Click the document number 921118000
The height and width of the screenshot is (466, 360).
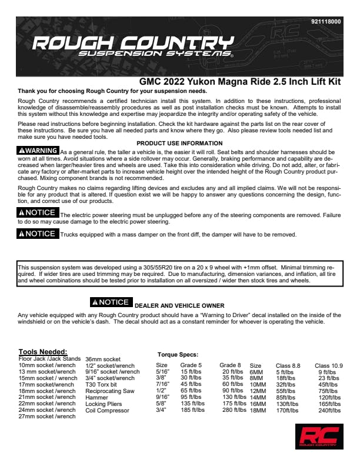[325, 21]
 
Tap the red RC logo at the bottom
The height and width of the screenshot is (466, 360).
[319, 436]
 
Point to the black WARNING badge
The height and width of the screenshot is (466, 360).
[38, 151]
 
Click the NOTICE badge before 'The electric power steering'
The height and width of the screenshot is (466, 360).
[38, 212]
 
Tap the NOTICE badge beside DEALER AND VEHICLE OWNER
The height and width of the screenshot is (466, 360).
[110, 302]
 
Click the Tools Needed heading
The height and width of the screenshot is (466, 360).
[43, 351]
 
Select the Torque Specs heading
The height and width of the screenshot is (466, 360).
[178, 355]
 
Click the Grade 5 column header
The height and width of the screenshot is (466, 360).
[191, 365]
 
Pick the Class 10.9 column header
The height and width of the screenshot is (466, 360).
[329, 365]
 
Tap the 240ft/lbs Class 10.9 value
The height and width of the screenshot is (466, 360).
[330, 410]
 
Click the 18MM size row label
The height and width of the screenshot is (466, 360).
[258, 410]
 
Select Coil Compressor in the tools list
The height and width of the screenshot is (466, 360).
[108, 410]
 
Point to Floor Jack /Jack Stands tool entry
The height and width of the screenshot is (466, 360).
[49, 358]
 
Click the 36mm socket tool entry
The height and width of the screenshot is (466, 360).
[104, 359]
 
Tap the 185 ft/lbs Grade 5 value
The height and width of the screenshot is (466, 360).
[192, 410]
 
